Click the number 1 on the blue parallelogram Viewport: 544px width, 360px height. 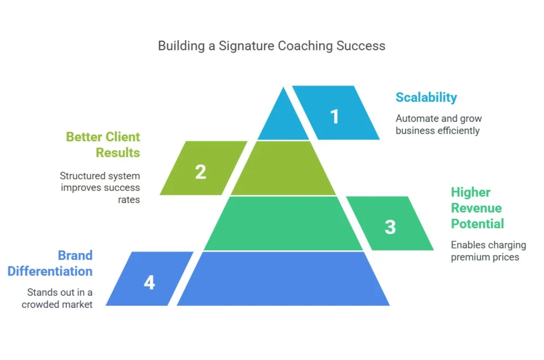(x=335, y=116)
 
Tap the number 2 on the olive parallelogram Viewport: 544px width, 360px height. (x=201, y=172)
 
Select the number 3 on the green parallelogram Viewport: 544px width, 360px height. (x=390, y=227)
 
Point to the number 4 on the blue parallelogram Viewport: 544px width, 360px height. (x=150, y=282)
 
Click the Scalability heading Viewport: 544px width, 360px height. (x=426, y=97)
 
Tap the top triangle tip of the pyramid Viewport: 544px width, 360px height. (x=283, y=88)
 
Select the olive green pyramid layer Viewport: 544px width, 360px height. (x=283, y=168)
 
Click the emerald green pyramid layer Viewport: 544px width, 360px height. (x=283, y=224)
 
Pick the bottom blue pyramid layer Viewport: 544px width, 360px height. (x=283, y=279)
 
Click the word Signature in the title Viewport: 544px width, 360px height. (x=246, y=46)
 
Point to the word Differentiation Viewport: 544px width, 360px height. (x=50, y=271)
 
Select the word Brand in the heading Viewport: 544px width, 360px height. (x=75, y=255)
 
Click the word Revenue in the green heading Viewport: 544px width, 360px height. (x=477, y=208)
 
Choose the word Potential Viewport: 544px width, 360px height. (x=478, y=224)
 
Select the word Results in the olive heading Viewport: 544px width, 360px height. (x=118, y=153)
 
